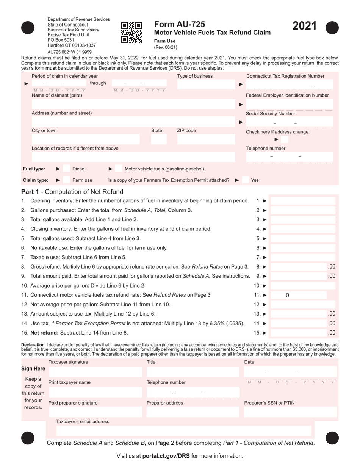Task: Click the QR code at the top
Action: (131, 33)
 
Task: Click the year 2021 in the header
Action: (304, 26)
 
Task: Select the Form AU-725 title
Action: (180, 24)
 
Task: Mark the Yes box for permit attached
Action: (245, 180)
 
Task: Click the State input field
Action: (156, 140)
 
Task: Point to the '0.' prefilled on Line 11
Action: (288, 295)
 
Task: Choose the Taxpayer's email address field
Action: (184, 431)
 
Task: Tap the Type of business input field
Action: (206, 84)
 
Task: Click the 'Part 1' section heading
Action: (72, 192)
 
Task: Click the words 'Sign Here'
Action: (33, 369)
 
